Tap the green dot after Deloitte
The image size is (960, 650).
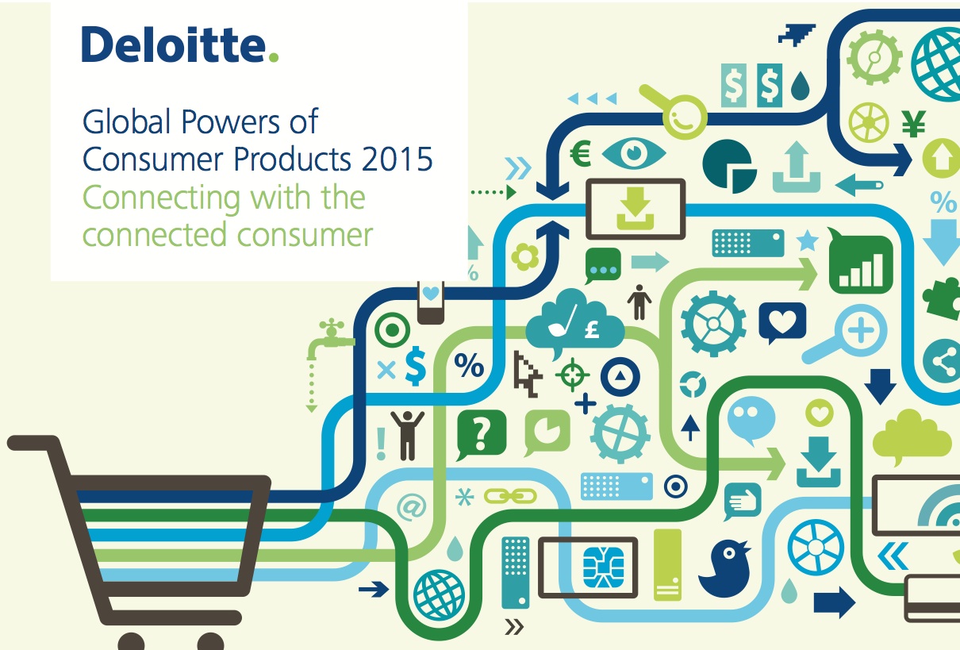(x=274, y=57)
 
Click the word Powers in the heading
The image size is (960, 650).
(x=232, y=121)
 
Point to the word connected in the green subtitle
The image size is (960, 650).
(x=154, y=234)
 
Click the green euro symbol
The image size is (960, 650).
(x=581, y=153)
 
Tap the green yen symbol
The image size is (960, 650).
(x=913, y=124)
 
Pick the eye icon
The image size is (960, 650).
(x=633, y=153)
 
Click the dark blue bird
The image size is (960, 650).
(x=724, y=568)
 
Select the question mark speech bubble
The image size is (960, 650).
(x=481, y=435)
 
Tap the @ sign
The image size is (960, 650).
(x=412, y=507)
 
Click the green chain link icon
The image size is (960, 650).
(x=510, y=497)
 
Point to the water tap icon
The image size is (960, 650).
(x=329, y=339)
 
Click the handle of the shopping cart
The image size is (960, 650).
(x=33, y=444)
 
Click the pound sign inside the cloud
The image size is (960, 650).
(x=592, y=329)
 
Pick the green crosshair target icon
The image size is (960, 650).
(x=572, y=375)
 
